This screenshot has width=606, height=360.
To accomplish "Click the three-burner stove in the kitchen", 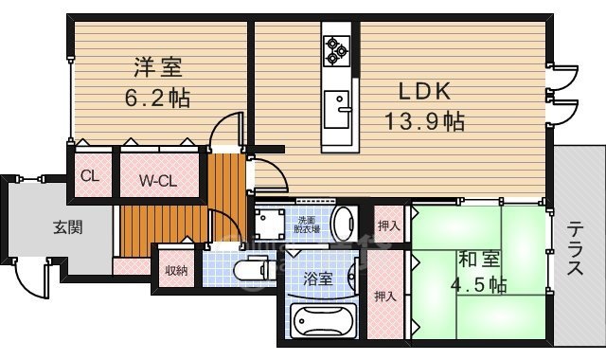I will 336,50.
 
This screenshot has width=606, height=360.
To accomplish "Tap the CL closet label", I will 89,175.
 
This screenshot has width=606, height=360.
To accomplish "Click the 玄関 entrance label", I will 41,226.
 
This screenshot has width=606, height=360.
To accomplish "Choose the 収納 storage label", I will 175,270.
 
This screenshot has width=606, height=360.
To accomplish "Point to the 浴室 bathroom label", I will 318,279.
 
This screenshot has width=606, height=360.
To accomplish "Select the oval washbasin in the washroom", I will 348,225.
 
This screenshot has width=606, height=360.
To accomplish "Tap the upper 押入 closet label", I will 388,225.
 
